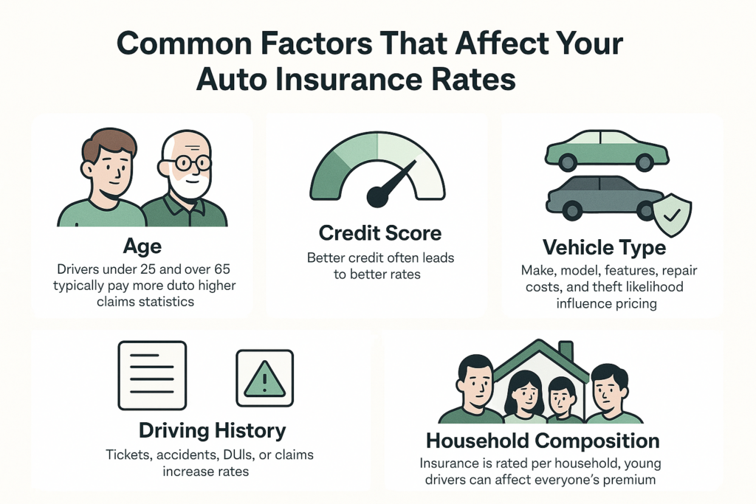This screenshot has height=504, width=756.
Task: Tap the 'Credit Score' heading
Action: pos(380,234)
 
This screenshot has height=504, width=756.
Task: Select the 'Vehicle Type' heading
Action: pos(604,247)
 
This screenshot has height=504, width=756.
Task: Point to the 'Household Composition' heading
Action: pos(543,441)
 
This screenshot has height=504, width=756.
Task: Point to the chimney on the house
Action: pos(566,351)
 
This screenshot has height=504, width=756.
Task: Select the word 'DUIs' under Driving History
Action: pos(240,455)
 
